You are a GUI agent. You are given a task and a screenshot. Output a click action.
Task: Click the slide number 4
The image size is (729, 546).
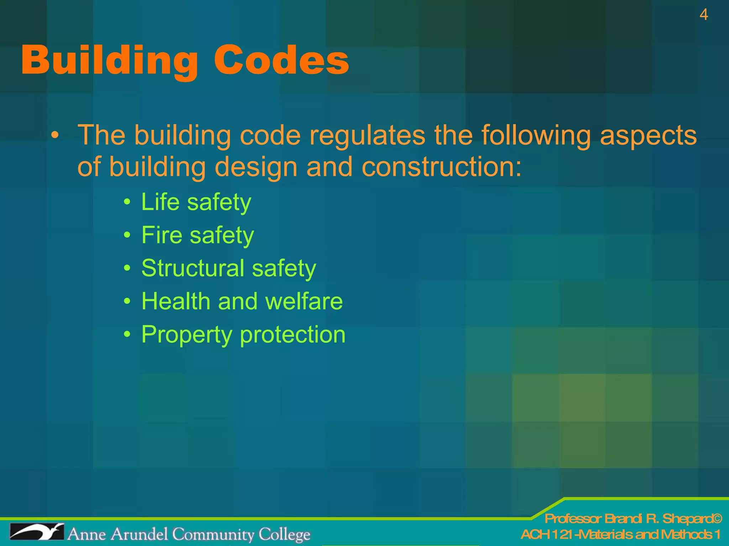(x=703, y=15)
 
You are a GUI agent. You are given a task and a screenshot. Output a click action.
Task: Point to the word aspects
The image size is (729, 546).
(x=648, y=135)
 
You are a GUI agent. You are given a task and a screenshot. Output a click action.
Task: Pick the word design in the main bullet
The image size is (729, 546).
(x=256, y=167)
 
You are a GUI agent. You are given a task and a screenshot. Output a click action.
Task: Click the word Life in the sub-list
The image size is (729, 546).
(x=160, y=202)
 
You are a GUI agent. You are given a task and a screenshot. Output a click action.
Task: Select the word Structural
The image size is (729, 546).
(x=193, y=268)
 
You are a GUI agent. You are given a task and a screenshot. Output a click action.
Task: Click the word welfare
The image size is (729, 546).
(x=304, y=301)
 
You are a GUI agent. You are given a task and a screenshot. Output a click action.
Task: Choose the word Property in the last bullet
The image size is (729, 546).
(x=187, y=335)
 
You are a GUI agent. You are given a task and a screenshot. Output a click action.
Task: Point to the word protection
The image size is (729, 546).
(x=293, y=335)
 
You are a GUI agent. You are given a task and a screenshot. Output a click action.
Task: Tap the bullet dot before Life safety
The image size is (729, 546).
(x=127, y=202)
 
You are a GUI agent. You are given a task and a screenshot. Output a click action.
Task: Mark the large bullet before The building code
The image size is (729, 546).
(x=54, y=136)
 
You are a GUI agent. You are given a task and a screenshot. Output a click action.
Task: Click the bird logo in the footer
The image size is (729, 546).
(x=37, y=532)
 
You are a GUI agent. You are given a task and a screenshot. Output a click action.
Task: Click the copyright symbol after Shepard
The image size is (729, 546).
(x=717, y=519)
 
